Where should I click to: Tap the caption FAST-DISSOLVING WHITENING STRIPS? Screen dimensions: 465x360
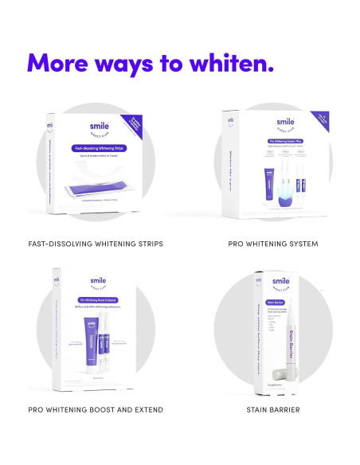pos(95,243)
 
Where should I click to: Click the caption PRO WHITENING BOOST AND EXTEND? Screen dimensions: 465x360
pos(95,409)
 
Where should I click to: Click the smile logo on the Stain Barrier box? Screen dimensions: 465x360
pos(281,281)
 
